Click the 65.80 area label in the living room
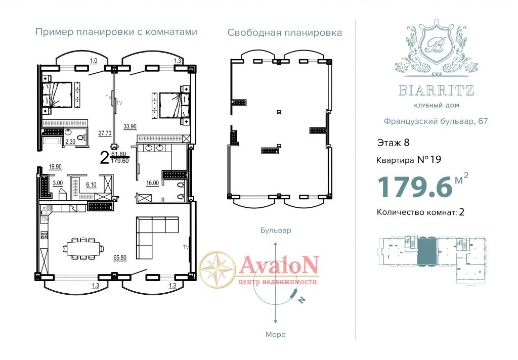pos(119,258)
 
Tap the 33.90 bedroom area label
pos(130,126)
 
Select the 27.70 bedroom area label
pos(105,133)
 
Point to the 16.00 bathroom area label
pos(152,183)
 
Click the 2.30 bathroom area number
pos(70,142)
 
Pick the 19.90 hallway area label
pos(55,167)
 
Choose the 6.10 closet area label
pos(91,185)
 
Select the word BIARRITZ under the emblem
pos(437,90)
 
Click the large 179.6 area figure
pos(415,187)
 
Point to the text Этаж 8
pos(393,143)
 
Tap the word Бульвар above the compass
pos(276,230)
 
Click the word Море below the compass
pos(276,335)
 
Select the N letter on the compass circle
pos(301,300)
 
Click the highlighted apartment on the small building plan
pos(427,252)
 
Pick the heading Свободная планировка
pos(284,33)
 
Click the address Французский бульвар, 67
pos(436,121)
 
